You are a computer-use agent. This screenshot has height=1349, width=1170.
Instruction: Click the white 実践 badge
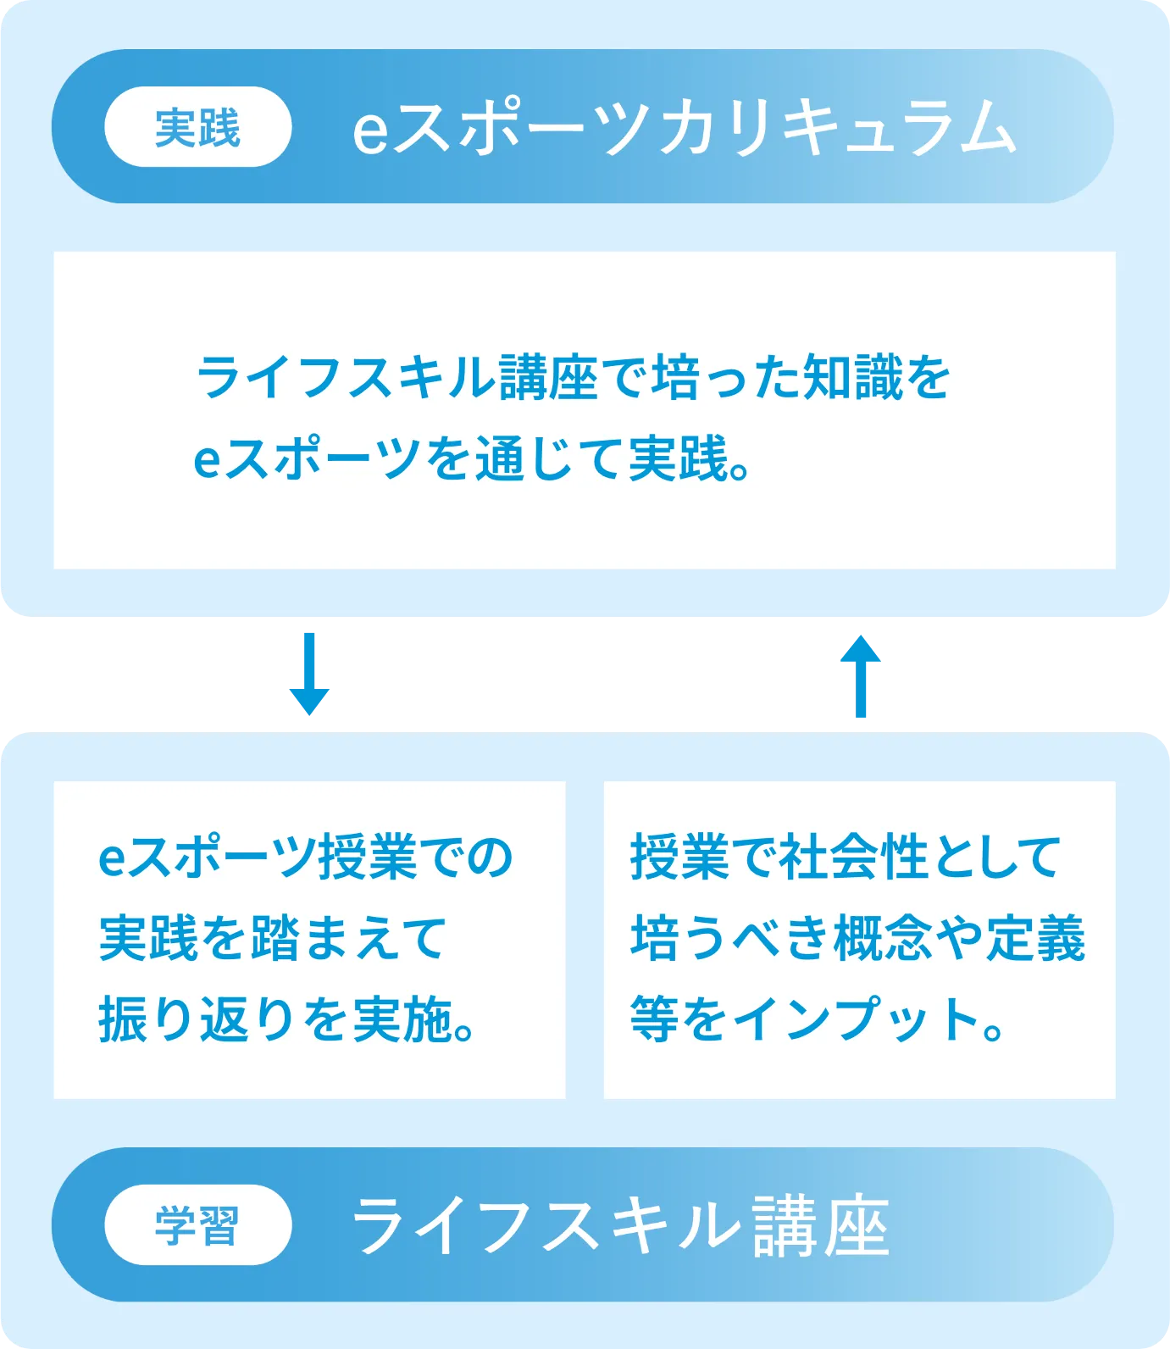[197, 127]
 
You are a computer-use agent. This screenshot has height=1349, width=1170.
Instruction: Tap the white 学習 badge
[197, 1225]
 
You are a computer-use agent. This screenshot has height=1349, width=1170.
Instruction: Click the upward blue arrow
[861, 674]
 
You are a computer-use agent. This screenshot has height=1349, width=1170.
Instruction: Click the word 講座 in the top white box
[548, 377]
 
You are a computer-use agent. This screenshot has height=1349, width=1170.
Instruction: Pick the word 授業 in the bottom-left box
[368, 857]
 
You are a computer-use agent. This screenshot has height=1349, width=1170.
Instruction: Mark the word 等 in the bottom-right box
[654, 1019]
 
